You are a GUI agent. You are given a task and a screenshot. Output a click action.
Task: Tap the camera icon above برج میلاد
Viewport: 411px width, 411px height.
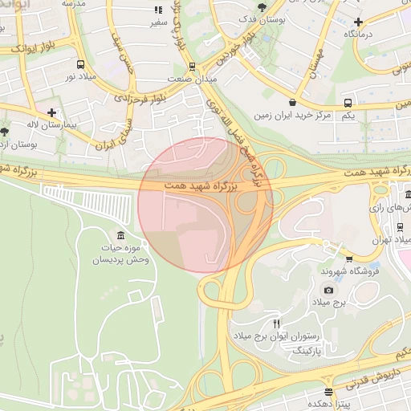pos(328,290)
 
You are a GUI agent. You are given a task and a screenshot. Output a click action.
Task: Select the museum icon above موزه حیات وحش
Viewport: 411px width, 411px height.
pos(120,235)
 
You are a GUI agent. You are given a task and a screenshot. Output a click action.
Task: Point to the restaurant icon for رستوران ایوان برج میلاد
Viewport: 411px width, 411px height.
pos(277,324)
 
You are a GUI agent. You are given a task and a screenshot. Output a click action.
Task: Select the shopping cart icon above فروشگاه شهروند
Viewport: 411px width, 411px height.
pos(349,258)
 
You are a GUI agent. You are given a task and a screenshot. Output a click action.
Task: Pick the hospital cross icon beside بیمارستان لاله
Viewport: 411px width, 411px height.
pos(52,113)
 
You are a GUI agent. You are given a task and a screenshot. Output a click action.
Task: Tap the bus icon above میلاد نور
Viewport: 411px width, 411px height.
pos(79,63)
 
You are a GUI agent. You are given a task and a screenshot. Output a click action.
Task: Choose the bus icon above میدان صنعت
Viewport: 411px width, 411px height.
pos(192,67)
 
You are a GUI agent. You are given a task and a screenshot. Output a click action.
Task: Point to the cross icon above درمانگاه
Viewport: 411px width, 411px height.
pos(359,22)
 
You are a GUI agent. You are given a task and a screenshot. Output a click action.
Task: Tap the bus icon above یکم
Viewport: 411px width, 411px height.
pos(348,104)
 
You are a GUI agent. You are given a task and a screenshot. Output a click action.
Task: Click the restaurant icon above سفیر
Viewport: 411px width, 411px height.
pos(157,10)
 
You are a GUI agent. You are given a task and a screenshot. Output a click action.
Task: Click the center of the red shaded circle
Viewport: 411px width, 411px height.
pos(205,205)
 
